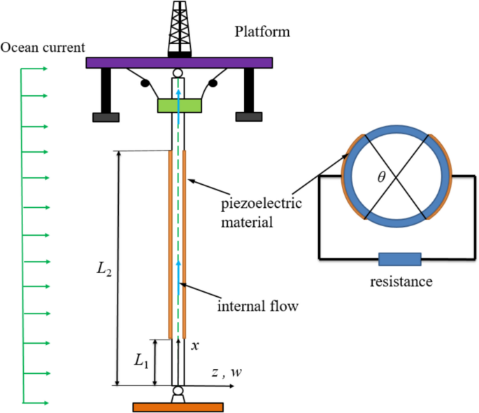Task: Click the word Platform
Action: pos(262,31)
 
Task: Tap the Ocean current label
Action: pos(43,48)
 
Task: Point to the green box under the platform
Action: pos(178,106)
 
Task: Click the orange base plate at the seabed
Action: pos(178,407)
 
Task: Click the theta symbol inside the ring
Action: pos(381,177)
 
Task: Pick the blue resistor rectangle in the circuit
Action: pos(400,260)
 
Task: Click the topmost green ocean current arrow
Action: pos(34,69)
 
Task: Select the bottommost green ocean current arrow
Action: pos(34,402)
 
